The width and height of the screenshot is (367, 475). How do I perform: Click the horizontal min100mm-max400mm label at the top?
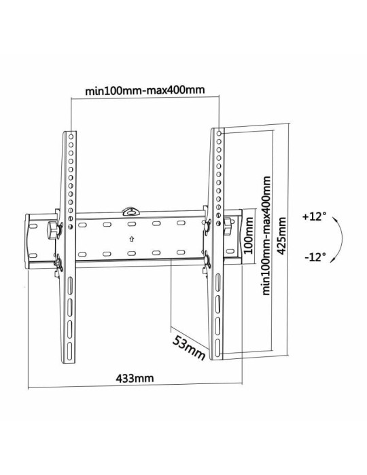146,90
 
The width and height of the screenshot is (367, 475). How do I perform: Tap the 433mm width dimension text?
134,377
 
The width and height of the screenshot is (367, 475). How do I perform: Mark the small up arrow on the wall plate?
131,238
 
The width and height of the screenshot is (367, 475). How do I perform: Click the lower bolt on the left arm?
58,260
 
